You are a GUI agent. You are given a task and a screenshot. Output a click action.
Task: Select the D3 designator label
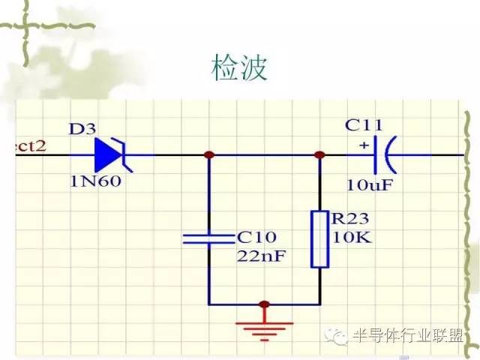(82, 128)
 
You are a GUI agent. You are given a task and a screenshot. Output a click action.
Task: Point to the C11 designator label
(361, 124)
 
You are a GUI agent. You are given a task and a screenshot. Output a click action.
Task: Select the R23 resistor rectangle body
(319, 239)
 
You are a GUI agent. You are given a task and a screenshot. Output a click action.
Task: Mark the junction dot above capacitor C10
(209, 155)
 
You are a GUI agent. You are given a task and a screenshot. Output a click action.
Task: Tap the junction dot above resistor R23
(319, 155)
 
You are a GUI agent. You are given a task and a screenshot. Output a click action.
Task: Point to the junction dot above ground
(263, 304)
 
